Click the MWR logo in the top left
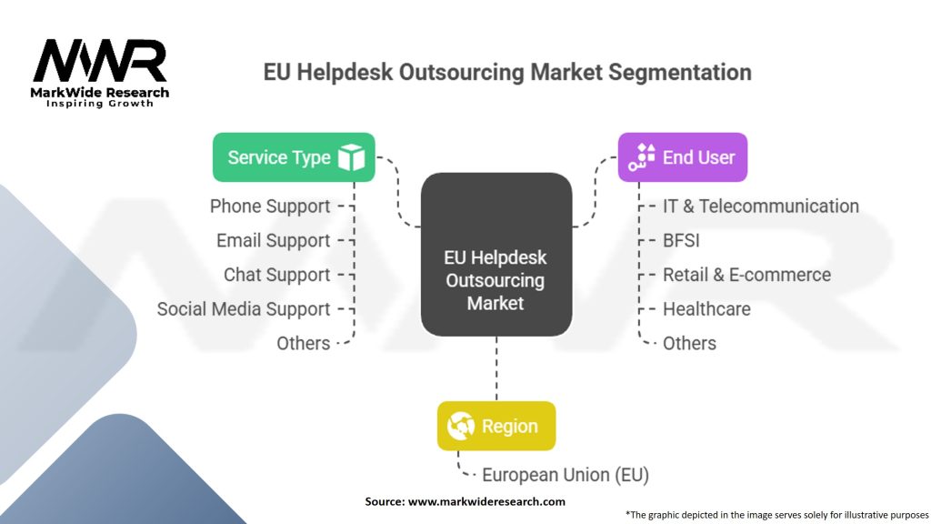(x=100, y=64)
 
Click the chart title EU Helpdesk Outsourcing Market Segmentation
(x=507, y=72)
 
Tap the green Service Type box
(x=294, y=157)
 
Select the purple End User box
(x=683, y=157)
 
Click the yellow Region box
(x=496, y=426)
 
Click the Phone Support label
(x=270, y=207)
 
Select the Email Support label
(x=273, y=241)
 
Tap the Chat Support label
(x=276, y=275)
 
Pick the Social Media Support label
(x=243, y=309)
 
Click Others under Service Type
(x=304, y=344)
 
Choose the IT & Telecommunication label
(x=760, y=207)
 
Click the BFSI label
(x=681, y=241)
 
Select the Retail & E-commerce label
(x=746, y=275)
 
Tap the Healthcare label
(x=706, y=309)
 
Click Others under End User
(x=689, y=344)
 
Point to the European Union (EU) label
(x=565, y=475)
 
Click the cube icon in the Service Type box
(x=351, y=157)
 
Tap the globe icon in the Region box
(x=461, y=426)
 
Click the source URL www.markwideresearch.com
(x=486, y=501)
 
